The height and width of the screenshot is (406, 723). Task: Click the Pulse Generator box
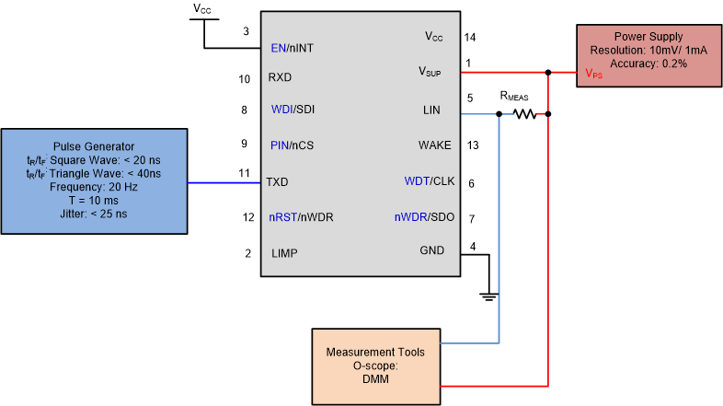pos(95,180)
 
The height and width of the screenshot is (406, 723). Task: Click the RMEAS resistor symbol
pos(524,114)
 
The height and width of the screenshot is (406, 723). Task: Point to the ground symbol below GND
pos(488,296)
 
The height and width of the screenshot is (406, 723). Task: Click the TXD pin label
pos(278,182)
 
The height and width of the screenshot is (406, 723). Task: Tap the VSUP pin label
pos(430,71)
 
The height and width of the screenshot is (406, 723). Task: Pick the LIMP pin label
pos(284,253)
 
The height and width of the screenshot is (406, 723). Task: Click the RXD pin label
pos(280,78)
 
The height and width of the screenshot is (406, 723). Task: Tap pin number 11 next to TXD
pos(244,172)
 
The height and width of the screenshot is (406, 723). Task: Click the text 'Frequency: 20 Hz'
pos(95,187)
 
